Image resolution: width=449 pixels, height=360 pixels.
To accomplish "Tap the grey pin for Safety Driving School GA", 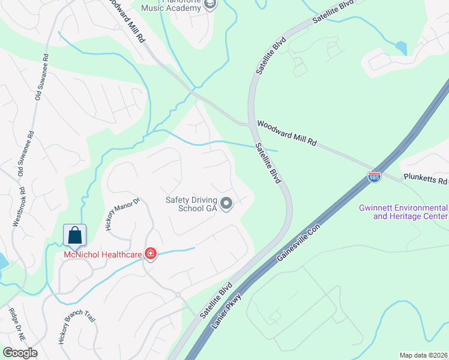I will click(226, 205).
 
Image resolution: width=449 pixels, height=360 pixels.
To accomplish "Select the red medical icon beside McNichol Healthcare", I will click(149, 255).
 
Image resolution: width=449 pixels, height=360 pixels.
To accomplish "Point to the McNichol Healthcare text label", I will click(103, 255).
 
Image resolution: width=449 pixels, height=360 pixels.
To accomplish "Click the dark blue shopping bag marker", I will click(74, 235).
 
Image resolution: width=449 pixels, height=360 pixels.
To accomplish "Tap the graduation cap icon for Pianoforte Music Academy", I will click(209, 5).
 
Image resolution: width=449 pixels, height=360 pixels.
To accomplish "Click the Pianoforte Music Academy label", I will click(171, 5).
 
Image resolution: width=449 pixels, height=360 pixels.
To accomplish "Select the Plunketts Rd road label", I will click(426, 180).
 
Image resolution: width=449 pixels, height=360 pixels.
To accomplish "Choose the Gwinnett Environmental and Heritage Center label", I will click(403, 212).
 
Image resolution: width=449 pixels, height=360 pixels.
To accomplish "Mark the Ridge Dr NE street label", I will click(17, 325).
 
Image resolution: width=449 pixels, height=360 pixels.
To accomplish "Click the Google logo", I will click(20, 353).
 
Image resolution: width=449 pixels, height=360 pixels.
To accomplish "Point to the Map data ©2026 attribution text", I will click(423, 355).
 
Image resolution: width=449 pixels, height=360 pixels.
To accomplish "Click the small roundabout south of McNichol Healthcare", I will click(178, 295).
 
